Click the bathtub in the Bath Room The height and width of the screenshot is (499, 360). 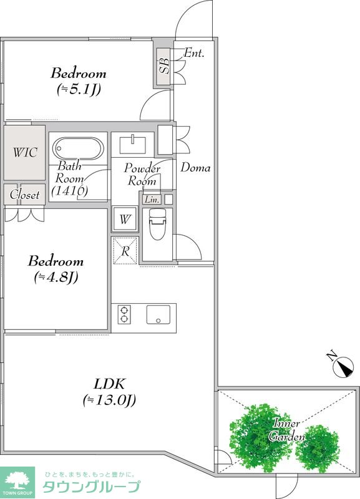point(78,148)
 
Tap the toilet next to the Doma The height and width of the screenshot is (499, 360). point(157,224)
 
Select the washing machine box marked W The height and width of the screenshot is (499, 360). point(125,219)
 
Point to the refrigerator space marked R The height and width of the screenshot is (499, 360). point(125,251)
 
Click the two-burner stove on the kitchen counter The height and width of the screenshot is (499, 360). point(124,314)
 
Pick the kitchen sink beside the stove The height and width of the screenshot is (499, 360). point(158,314)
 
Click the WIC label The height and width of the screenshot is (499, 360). point(25,152)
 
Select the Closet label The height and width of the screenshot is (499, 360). point(24,195)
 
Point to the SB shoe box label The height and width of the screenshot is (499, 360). point(164,66)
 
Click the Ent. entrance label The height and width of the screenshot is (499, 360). point(194,52)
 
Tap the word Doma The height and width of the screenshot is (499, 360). point(195,168)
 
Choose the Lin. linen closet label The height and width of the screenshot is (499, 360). point(152,200)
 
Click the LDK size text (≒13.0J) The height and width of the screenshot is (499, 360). point(109,400)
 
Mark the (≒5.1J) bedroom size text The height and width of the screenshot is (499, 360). point(79,89)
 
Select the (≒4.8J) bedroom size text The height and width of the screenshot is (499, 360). point(56,277)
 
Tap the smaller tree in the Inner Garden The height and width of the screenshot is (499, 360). point(317,448)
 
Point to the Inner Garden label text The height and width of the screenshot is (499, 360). point(286,430)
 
